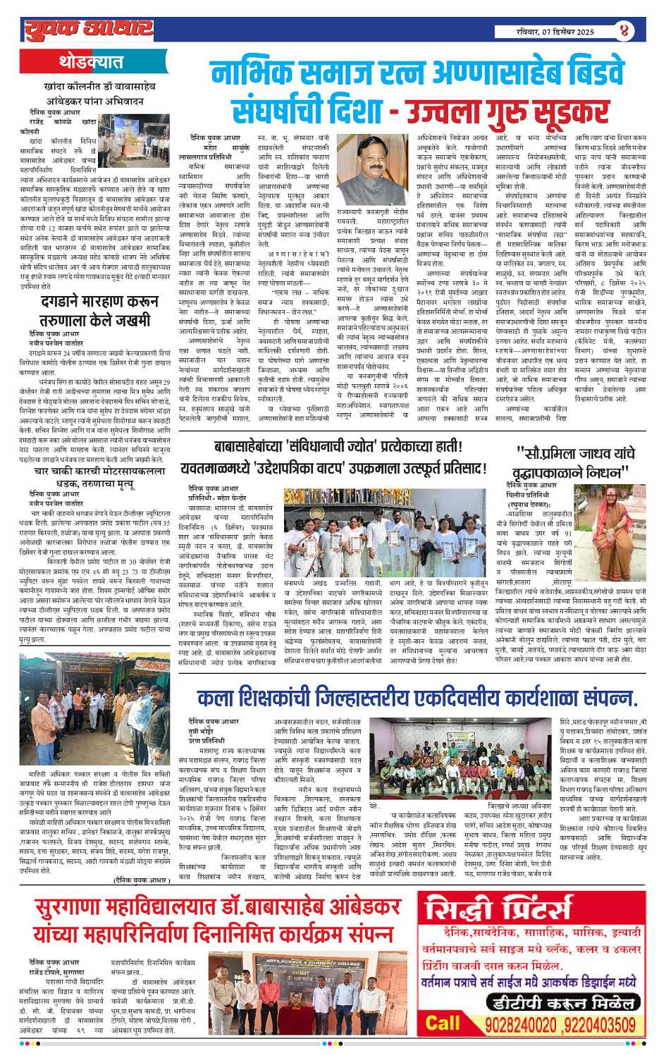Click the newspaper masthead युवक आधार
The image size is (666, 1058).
click(x=88, y=30)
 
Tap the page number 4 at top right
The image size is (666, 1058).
click(x=624, y=31)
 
